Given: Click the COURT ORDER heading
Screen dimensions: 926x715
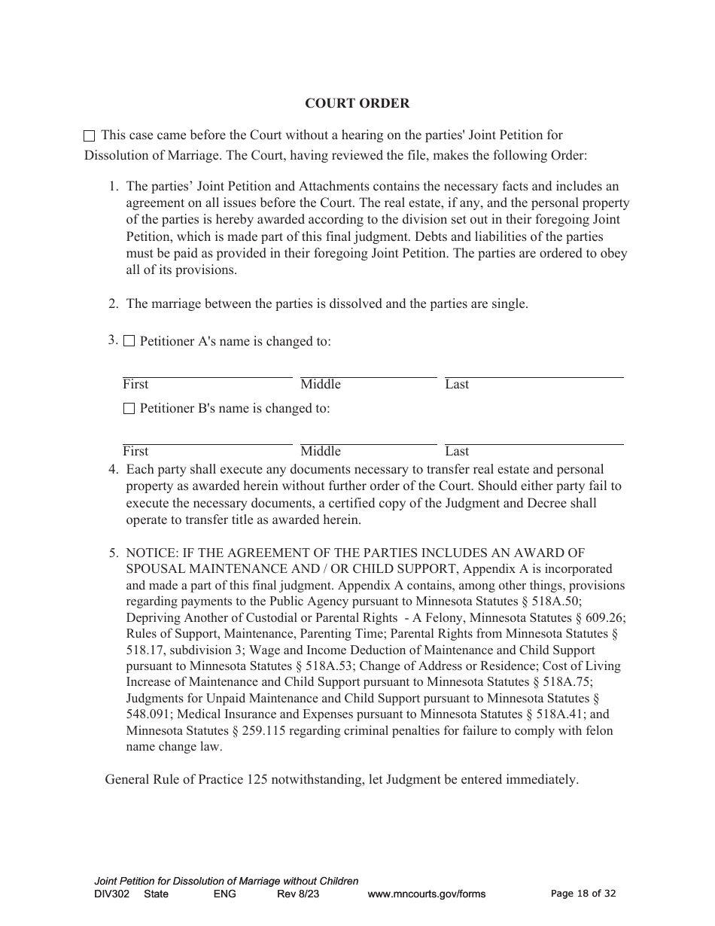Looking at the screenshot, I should pyautogui.click(x=357, y=103).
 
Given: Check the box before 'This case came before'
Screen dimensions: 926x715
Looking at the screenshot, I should pyautogui.click(x=89, y=136).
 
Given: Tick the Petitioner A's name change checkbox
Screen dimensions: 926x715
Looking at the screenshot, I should pyautogui.click(x=129, y=341).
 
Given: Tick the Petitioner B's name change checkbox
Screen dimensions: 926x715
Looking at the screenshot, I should pyautogui.click(x=129, y=409).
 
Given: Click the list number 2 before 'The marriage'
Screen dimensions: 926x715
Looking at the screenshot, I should pyautogui.click(x=114, y=304).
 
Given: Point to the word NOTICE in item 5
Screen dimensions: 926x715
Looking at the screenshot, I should pyautogui.click(x=150, y=553).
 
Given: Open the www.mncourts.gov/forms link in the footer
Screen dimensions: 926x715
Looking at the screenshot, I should pyautogui.click(x=426, y=894).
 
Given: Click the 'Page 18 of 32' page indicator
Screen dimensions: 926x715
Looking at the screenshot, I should pyautogui.click(x=583, y=894).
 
